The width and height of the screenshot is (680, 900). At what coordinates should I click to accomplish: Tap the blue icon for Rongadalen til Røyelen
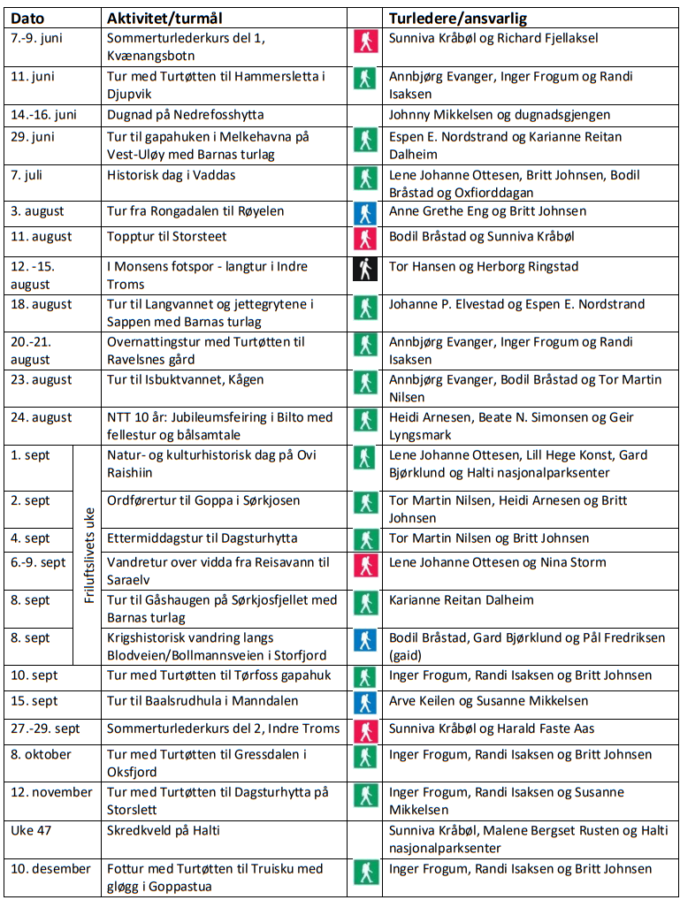[364, 213]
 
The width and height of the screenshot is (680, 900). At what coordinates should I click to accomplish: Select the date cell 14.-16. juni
[44, 115]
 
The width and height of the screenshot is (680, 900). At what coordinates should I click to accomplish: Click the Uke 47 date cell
[34, 831]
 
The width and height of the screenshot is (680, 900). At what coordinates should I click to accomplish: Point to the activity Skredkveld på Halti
[164, 831]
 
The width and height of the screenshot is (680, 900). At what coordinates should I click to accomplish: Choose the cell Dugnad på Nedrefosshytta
[185, 115]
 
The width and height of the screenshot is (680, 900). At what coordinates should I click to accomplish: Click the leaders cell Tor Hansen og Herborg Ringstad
[484, 267]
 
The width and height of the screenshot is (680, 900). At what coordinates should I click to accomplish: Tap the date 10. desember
[50, 869]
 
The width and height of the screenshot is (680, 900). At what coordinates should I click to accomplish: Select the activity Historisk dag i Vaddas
[172, 175]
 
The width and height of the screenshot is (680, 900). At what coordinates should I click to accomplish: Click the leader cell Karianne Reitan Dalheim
[462, 600]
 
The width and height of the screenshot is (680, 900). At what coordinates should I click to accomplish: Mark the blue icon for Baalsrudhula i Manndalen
[364, 703]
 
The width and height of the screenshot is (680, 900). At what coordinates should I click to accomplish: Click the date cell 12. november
[51, 793]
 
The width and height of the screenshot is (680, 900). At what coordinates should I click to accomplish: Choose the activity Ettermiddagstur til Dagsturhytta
[202, 538]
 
